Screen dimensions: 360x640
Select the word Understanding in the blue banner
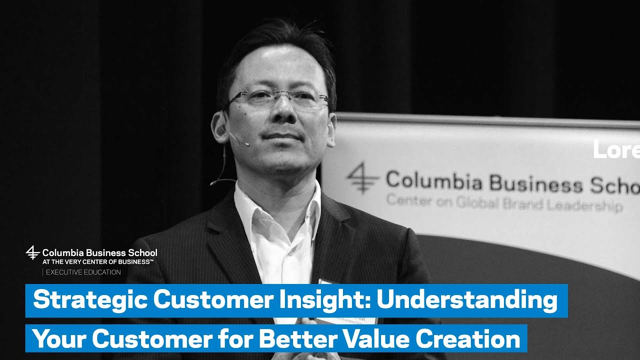click(x=467, y=300)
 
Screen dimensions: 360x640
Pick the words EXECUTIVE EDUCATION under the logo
click(x=83, y=272)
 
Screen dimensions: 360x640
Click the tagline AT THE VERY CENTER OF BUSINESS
click(x=97, y=262)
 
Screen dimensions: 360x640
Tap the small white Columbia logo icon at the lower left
click(x=32, y=252)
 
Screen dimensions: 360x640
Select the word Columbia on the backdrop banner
click(x=434, y=181)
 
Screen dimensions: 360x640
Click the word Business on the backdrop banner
click(x=536, y=183)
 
